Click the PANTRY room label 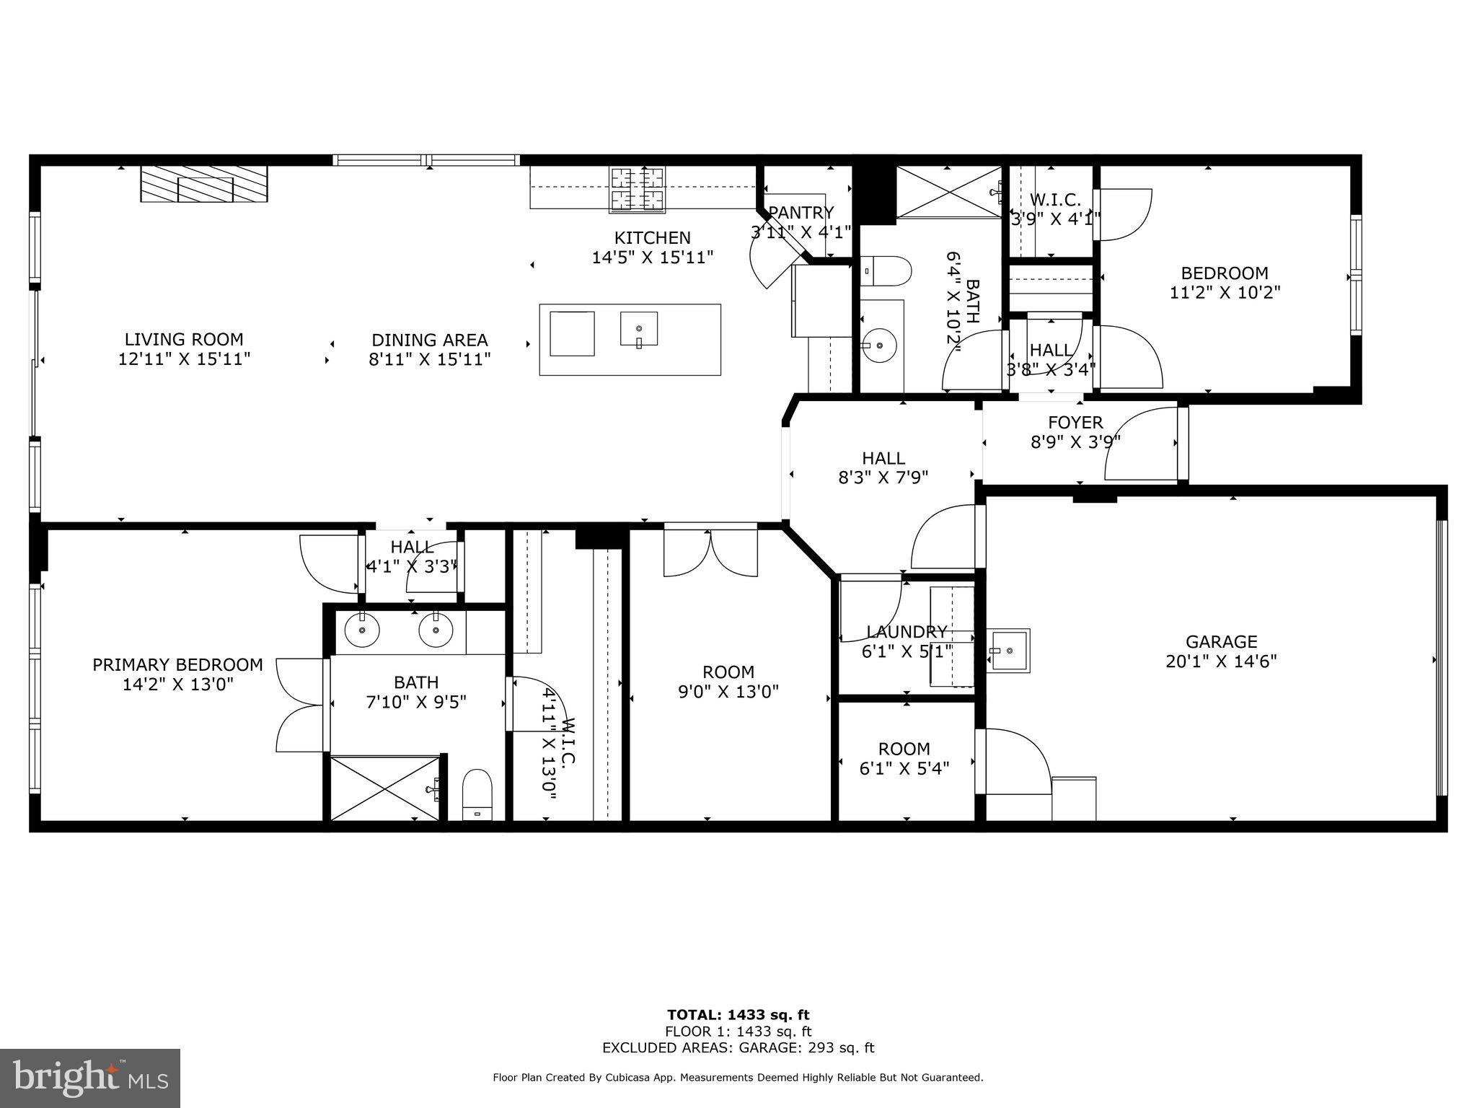point(801,213)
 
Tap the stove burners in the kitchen point(637,189)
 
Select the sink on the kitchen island point(638,330)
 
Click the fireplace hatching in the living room point(204,185)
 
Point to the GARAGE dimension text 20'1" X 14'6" point(1221,661)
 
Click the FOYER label point(1075,423)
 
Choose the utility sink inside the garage point(1008,650)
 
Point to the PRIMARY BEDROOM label point(177,665)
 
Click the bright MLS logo point(90,1078)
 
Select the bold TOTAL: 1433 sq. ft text point(738,1016)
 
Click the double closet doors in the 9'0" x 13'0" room point(710,553)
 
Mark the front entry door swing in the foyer point(1141,444)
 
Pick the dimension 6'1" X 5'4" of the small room point(904,769)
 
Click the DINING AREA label point(429,340)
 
